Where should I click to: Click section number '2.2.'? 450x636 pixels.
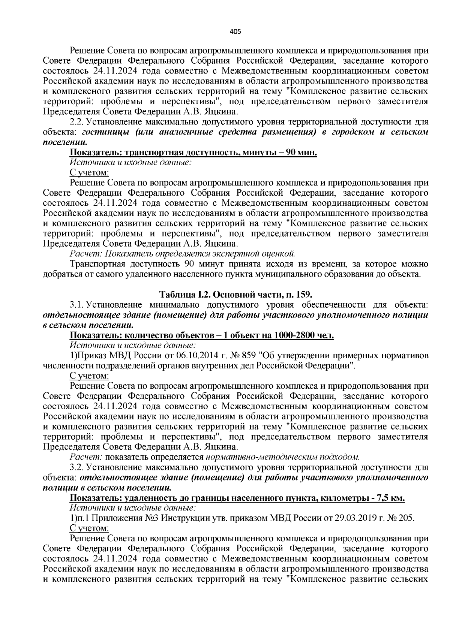click(77, 122)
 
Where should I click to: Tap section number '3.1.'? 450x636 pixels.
click(77, 304)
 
